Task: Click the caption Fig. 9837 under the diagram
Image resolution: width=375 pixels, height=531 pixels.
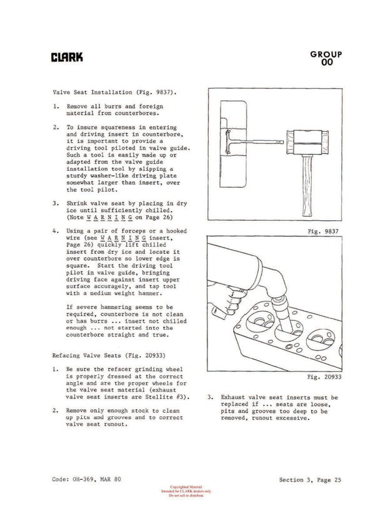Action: coord(322,231)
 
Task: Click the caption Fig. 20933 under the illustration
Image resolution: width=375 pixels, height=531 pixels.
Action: coord(321,378)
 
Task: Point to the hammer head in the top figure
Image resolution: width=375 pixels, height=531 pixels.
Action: coord(304,144)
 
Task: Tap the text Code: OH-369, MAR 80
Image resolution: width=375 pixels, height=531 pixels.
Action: coord(87,479)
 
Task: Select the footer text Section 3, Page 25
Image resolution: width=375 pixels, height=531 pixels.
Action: coord(310,479)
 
